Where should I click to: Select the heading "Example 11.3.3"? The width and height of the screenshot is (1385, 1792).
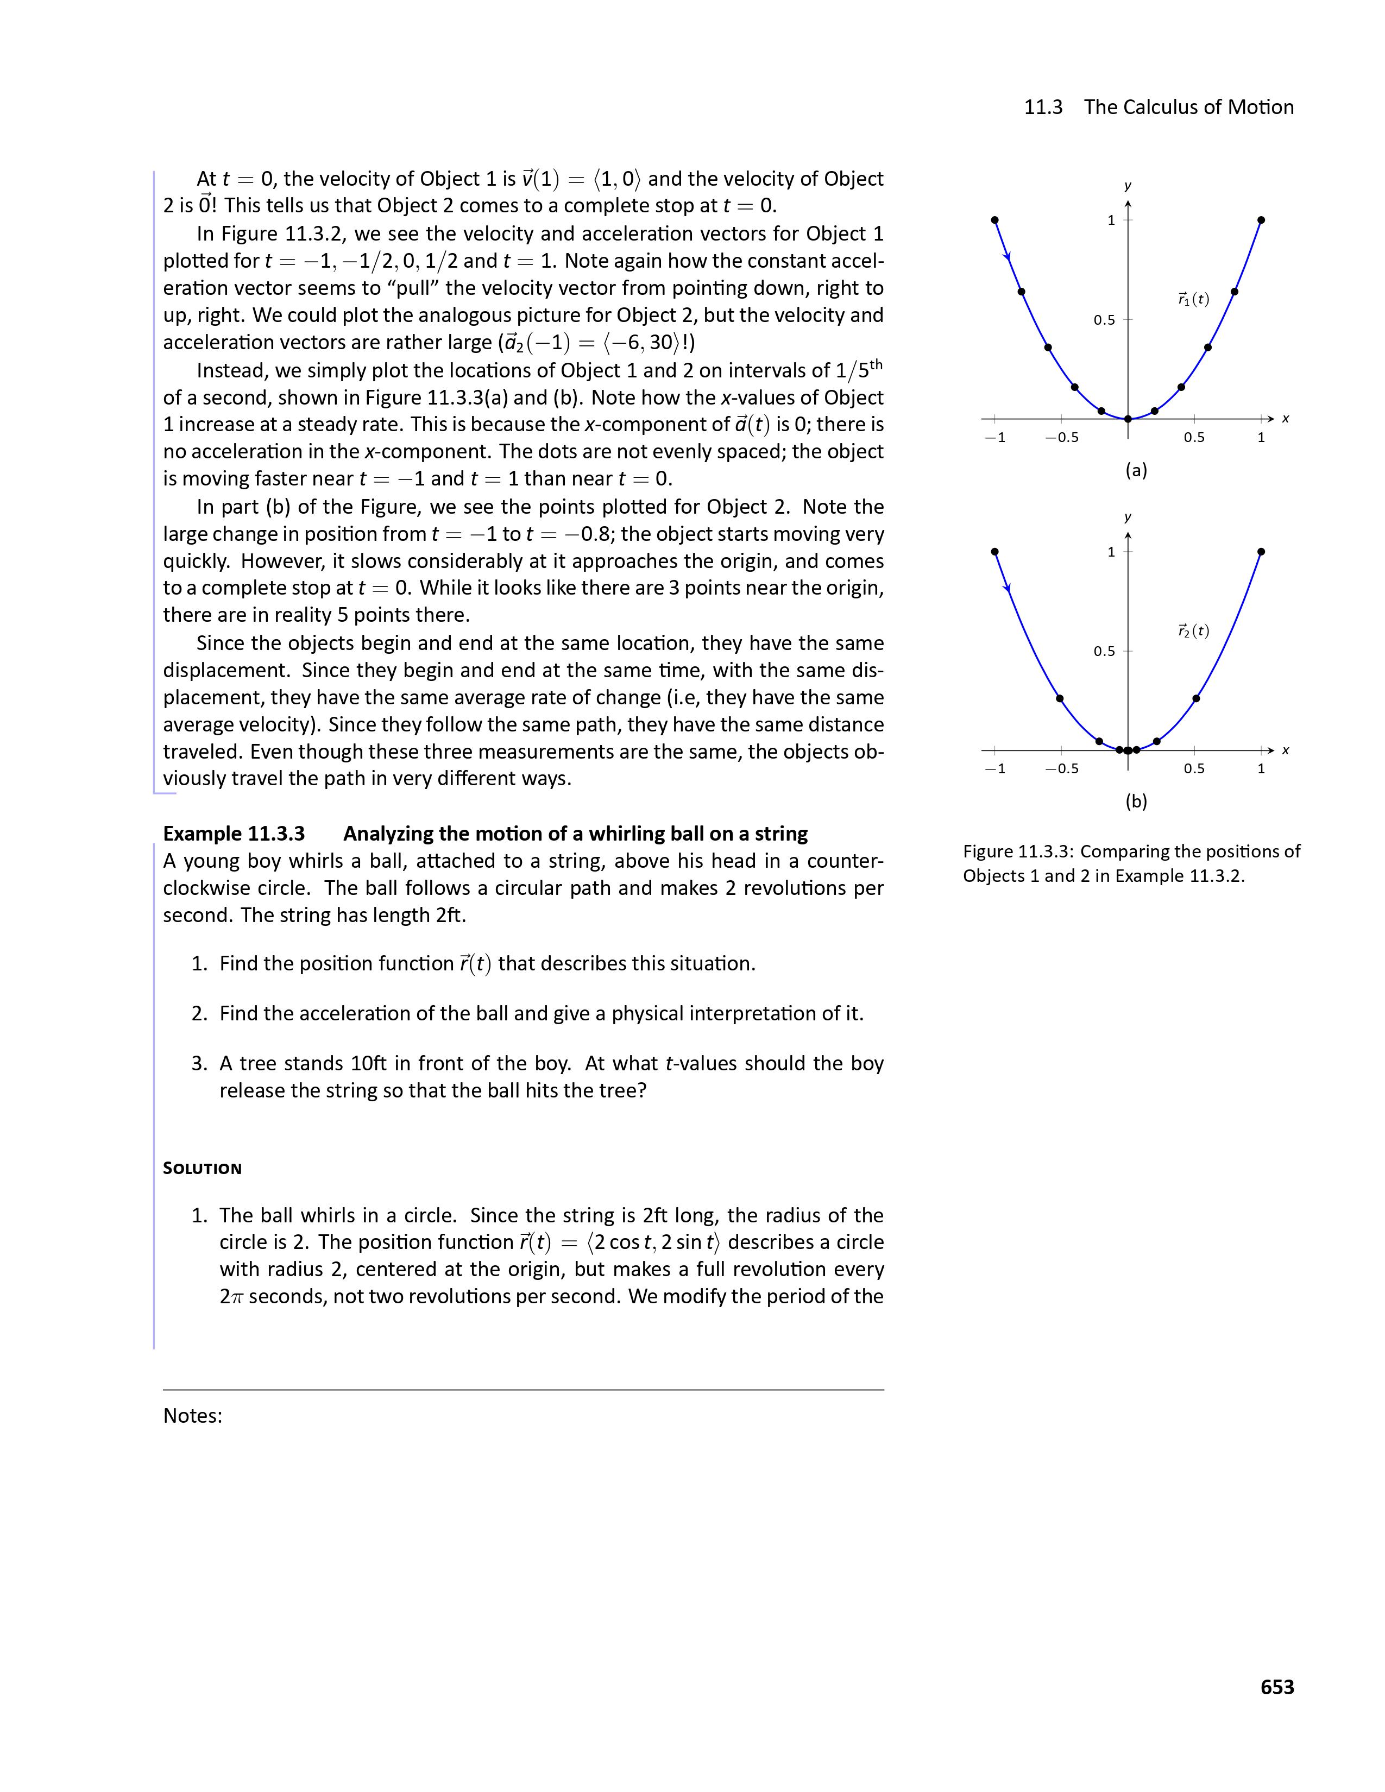pos(234,834)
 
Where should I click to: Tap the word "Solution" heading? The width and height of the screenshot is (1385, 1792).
pos(202,1169)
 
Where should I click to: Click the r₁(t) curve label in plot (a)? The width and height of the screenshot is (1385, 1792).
pos(1193,300)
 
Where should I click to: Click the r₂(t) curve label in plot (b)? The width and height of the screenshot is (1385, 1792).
pos(1193,631)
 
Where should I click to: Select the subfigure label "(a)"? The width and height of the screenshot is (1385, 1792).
pos(1136,470)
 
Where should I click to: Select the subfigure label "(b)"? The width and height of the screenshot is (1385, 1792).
pos(1136,802)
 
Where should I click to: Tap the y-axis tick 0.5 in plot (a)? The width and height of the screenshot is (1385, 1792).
pos(1104,320)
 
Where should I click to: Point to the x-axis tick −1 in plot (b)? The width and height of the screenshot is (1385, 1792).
pos(994,769)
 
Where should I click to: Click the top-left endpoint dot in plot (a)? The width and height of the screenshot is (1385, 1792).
pos(994,220)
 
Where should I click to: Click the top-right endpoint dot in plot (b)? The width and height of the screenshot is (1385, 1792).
pos(1261,551)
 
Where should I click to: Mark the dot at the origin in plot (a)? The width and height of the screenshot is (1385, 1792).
pos(1128,419)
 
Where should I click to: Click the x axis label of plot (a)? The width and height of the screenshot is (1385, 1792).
pos(1286,419)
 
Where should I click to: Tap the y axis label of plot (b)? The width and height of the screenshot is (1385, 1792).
pos(1128,517)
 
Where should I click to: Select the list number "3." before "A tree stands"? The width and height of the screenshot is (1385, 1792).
pos(199,1064)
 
